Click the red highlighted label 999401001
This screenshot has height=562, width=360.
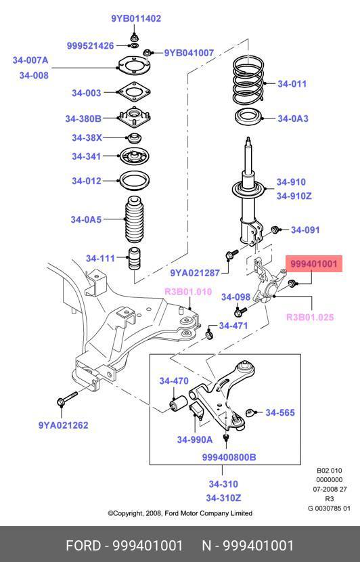pyautogui.click(x=314, y=264)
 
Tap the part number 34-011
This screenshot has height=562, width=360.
pyautogui.click(x=292, y=84)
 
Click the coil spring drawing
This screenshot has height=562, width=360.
pyautogui.click(x=248, y=80)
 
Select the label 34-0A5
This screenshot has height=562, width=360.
pyautogui.click(x=86, y=219)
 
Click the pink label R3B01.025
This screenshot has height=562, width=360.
pyautogui.click(x=310, y=317)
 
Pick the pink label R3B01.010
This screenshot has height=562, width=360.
pyautogui.click(x=188, y=292)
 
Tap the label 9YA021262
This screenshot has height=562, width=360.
pyautogui.click(x=63, y=425)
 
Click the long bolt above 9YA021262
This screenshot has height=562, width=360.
pyautogui.click(x=67, y=398)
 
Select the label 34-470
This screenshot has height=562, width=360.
pyautogui.click(x=174, y=381)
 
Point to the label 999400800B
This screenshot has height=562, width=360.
pyautogui.click(x=229, y=457)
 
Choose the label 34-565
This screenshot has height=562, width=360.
pyautogui.click(x=280, y=412)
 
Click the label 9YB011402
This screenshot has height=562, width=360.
pyautogui.click(x=136, y=19)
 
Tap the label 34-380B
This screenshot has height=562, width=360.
pyautogui.click(x=83, y=118)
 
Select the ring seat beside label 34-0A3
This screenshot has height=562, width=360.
pyautogui.click(x=248, y=118)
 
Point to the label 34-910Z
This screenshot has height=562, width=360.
pyautogui.click(x=294, y=196)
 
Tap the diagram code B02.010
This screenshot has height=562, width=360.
pyautogui.click(x=329, y=471)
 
